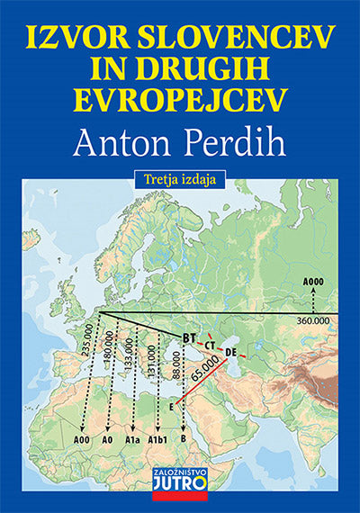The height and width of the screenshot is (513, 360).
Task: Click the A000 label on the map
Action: pos(312,282)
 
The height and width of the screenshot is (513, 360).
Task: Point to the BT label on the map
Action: pos(189,337)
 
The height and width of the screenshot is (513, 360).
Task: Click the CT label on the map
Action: pos(210,346)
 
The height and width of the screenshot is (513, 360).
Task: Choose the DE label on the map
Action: pos(230,351)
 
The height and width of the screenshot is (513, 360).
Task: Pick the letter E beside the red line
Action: pos(170,407)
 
